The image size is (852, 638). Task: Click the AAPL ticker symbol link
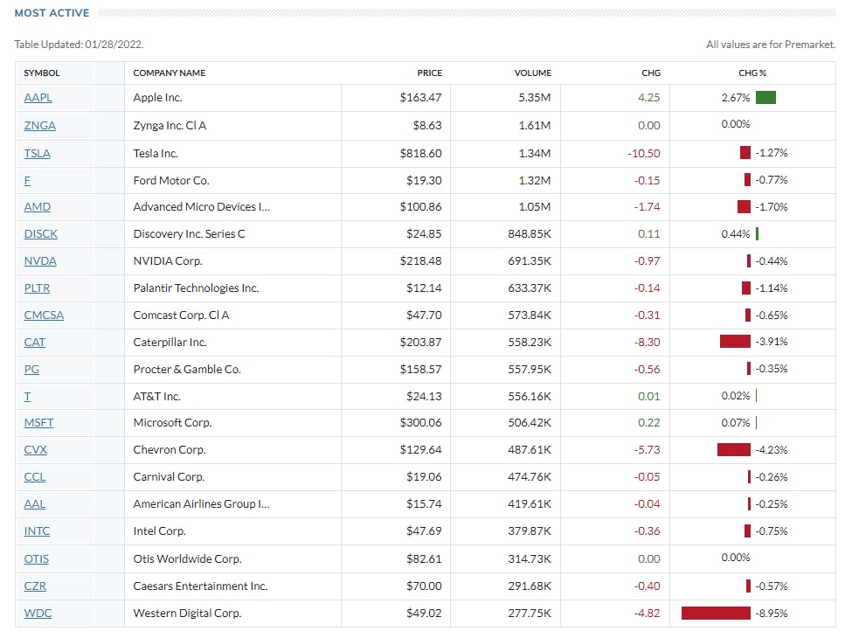38,98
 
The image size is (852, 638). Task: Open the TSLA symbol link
38,153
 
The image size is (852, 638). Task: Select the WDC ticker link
38,614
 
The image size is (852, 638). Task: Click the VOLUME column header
532,73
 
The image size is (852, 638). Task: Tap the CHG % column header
752,73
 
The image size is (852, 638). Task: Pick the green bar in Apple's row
765,98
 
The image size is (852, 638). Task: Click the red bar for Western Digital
716,614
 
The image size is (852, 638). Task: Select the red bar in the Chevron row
733,450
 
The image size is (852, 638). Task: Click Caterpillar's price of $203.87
420,342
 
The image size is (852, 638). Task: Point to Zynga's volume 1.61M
534,126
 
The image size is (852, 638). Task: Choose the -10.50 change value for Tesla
643,153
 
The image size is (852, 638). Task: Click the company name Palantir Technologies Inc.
196,288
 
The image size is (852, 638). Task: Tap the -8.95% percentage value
771,614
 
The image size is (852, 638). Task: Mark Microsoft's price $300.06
420,423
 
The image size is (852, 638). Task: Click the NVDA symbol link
40,260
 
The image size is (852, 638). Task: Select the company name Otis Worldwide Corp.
187,558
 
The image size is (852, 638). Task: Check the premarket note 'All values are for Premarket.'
770,44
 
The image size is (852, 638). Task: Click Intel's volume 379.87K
530,531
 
